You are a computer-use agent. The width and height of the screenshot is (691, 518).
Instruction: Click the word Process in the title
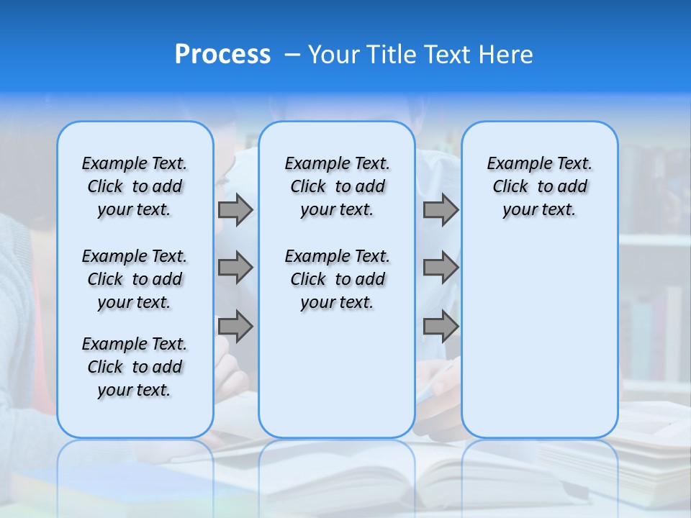pyautogui.click(x=222, y=55)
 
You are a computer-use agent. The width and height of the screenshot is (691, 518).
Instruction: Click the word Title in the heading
pyautogui.click(x=389, y=55)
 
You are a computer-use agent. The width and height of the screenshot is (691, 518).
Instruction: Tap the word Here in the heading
pyautogui.click(x=506, y=55)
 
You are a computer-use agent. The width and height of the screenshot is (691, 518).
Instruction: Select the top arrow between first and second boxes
pyautogui.click(x=235, y=209)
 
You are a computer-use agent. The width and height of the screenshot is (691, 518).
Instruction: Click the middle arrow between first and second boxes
pyautogui.click(x=235, y=268)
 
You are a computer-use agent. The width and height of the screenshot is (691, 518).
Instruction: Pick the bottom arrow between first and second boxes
pyautogui.click(x=235, y=326)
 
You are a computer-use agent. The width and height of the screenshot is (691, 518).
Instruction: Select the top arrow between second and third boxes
pyautogui.click(x=441, y=209)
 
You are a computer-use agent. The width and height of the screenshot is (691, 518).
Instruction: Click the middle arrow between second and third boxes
pyautogui.click(x=441, y=268)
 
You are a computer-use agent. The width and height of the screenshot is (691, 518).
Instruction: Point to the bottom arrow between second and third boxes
pyautogui.click(x=441, y=326)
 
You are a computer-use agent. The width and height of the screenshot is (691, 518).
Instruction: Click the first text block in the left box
pyautogui.click(x=135, y=186)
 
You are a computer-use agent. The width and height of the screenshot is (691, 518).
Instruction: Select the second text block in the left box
pyautogui.click(x=135, y=279)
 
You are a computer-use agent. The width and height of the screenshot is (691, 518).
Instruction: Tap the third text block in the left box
pyautogui.click(x=135, y=367)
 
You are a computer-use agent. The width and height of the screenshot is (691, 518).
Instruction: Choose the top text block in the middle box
pyautogui.click(x=337, y=186)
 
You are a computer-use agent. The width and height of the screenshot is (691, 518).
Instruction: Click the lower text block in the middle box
pyautogui.click(x=337, y=279)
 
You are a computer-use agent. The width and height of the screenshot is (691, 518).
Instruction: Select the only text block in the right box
pyautogui.click(x=539, y=186)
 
